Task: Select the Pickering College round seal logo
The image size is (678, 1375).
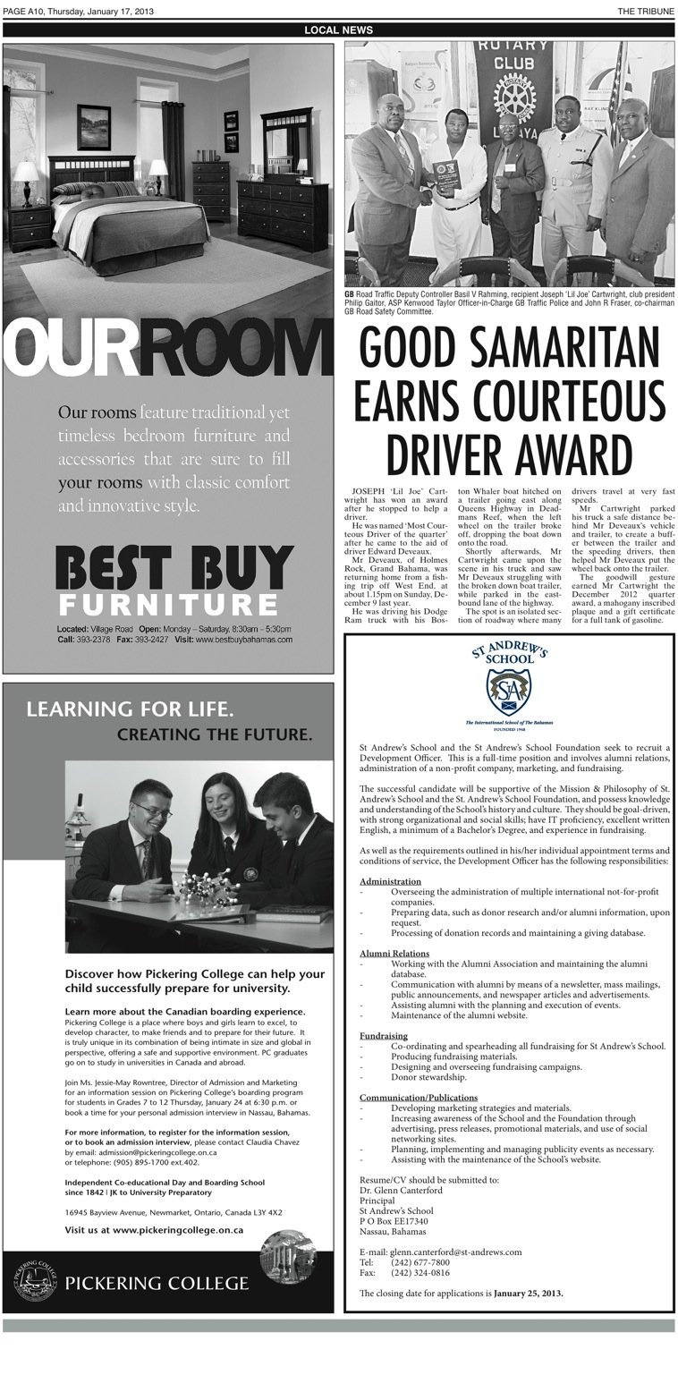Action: (x=35, y=1282)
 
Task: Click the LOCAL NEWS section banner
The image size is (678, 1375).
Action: (x=338, y=30)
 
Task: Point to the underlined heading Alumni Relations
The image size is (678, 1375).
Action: (x=394, y=954)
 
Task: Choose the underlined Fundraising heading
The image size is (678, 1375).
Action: (x=384, y=1034)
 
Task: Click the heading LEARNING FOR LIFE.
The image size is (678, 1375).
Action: (x=131, y=711)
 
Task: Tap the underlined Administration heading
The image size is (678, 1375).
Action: (x=390, y=881)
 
